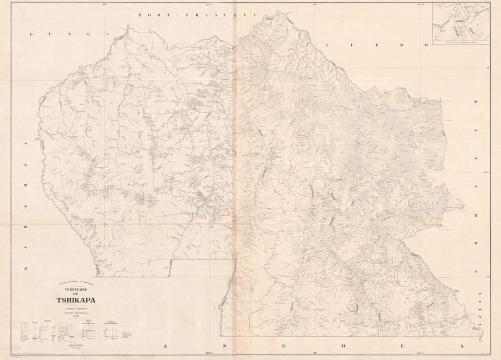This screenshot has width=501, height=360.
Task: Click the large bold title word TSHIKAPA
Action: (75, 300)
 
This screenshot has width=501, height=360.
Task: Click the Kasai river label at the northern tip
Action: (270, 18)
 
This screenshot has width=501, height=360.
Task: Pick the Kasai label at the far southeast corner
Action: (476, 329)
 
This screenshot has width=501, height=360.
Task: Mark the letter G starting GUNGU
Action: (32, 34)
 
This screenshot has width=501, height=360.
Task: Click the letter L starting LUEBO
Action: (328, 44)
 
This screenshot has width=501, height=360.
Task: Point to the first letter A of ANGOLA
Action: (166, 346)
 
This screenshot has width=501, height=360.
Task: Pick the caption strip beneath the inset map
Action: (461, 43)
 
